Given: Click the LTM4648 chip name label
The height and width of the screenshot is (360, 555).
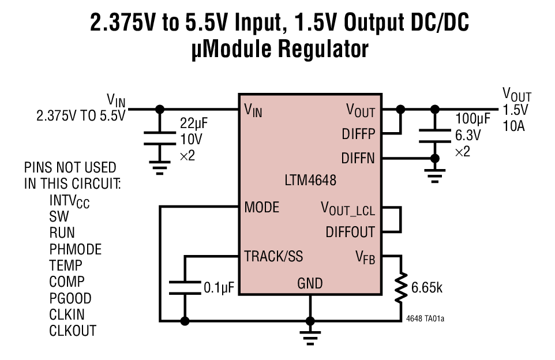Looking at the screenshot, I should click(310, 180).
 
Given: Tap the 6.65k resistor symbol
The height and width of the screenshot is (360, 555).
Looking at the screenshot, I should click(399, 287).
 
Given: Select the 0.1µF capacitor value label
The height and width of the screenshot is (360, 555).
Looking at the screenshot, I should click(219, 287).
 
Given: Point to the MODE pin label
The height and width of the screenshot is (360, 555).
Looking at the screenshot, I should click(262, 207).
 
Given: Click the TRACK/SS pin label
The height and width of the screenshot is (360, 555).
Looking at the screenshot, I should click(273, 256).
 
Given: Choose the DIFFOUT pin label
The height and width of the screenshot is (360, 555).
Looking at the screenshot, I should click(350, 232).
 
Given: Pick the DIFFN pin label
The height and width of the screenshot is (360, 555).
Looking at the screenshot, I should click(358, 157).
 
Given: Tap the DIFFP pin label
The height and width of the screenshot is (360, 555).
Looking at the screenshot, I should click(358, 134).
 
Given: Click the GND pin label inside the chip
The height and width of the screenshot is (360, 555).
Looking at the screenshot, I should click(310, 283).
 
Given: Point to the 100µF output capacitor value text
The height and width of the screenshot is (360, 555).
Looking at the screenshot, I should click(472, 119).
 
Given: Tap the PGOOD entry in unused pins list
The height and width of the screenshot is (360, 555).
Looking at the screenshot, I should click(70, 298).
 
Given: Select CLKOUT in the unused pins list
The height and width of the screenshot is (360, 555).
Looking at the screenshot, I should click(73, 331).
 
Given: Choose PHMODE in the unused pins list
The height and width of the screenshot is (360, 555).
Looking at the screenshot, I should click(75, 249).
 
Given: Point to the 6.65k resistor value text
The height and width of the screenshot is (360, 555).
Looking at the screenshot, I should click(427, 287).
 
